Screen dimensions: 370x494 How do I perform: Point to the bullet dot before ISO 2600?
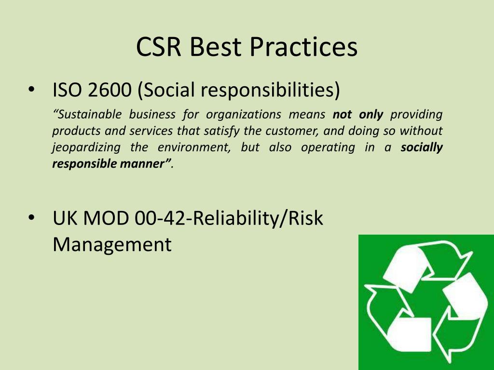pos(31,90)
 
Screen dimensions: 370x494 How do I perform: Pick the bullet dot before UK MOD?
pos(31,219)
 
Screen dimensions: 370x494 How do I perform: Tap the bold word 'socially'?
pos(422,147)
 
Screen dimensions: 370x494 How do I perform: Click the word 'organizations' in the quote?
pos(244,115)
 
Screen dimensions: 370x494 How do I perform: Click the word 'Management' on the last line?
pos(112,244)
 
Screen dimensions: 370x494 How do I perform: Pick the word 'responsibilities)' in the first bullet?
pos(270,90)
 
